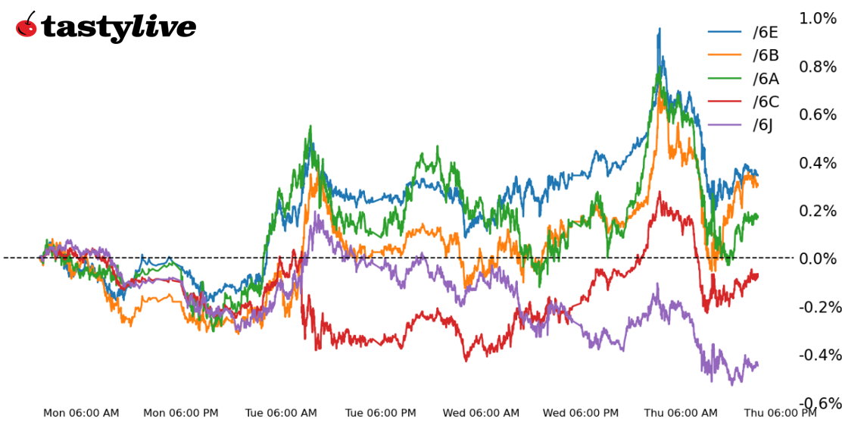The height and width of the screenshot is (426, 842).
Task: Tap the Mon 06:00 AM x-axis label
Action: pyautogui.click(x=81, y=413)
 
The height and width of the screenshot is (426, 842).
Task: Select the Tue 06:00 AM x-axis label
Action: pyautogui.click(x=281, y=413)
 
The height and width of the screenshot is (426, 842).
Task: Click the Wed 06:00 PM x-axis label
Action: pyautogui.click(x=581, y=413)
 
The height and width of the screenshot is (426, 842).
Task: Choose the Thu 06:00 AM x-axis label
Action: pyautogui.click(x=681, y=413)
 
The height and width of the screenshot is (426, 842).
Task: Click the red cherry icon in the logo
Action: pyautogui.click(x=27, y=26)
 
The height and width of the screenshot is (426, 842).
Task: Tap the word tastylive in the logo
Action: pyautogui.click(x=119, y=28)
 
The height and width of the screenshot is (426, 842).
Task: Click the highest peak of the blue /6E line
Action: pyautogui.click(x=659, y=30)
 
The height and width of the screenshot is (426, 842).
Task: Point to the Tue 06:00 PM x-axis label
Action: pyautogui.click(x=381, y=413)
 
